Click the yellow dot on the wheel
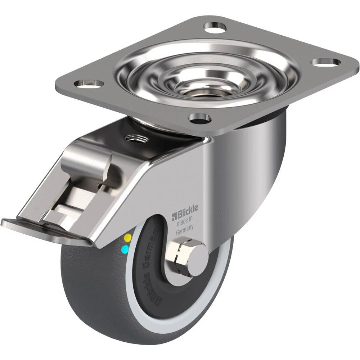(x=127, y=237)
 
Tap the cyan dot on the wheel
(x=125, y=248)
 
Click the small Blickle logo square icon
(x=174, y=216)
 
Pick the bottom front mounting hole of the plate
(x=199, y=118)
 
